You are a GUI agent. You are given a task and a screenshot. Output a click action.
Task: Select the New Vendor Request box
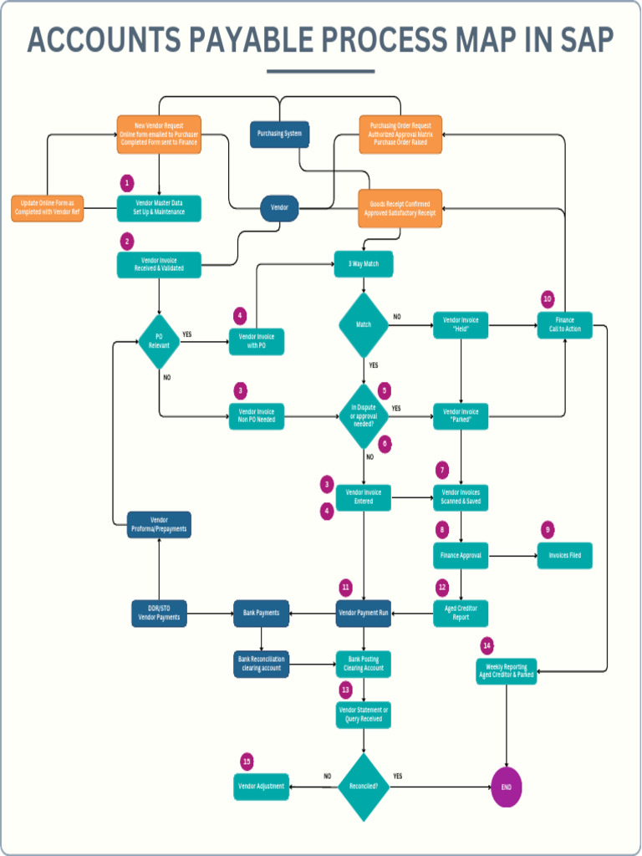tap(159, 135)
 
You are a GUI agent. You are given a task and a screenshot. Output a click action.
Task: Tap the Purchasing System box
tap(279, 134)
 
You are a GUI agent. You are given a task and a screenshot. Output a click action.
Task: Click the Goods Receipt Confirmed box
tap(400, 208)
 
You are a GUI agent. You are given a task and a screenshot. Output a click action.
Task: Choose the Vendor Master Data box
tap(159, 207)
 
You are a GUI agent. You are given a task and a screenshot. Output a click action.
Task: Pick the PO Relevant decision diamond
tap(159, 341)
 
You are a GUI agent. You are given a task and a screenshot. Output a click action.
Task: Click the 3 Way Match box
tap(363, 264)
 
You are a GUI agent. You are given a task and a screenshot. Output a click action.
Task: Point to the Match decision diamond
tap(364, 324)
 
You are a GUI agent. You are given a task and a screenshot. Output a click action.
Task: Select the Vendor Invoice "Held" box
tap(461, 324)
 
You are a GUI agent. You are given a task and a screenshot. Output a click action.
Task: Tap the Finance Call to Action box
tap(564, 324)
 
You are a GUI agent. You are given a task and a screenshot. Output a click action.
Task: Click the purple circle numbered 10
tap(548, 298)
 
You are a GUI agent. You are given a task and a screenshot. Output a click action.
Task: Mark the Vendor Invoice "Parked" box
tap(461, 415)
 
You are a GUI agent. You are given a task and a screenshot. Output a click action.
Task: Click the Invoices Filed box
tap(564, 555)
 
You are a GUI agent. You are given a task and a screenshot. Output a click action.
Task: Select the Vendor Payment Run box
tap(364, 613)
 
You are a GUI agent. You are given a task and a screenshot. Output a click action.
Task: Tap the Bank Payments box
tap(262, 613)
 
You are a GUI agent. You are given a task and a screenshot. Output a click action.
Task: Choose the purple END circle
tap(507, 787)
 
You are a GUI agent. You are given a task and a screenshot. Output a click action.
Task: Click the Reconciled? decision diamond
tap(364, 787)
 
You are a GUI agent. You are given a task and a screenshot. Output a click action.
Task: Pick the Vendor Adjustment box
tap(261, 787)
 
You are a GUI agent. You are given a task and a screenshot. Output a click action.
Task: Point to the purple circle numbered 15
tap(247, 762)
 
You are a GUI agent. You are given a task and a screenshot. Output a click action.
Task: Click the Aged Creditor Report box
tap(461, 613)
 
